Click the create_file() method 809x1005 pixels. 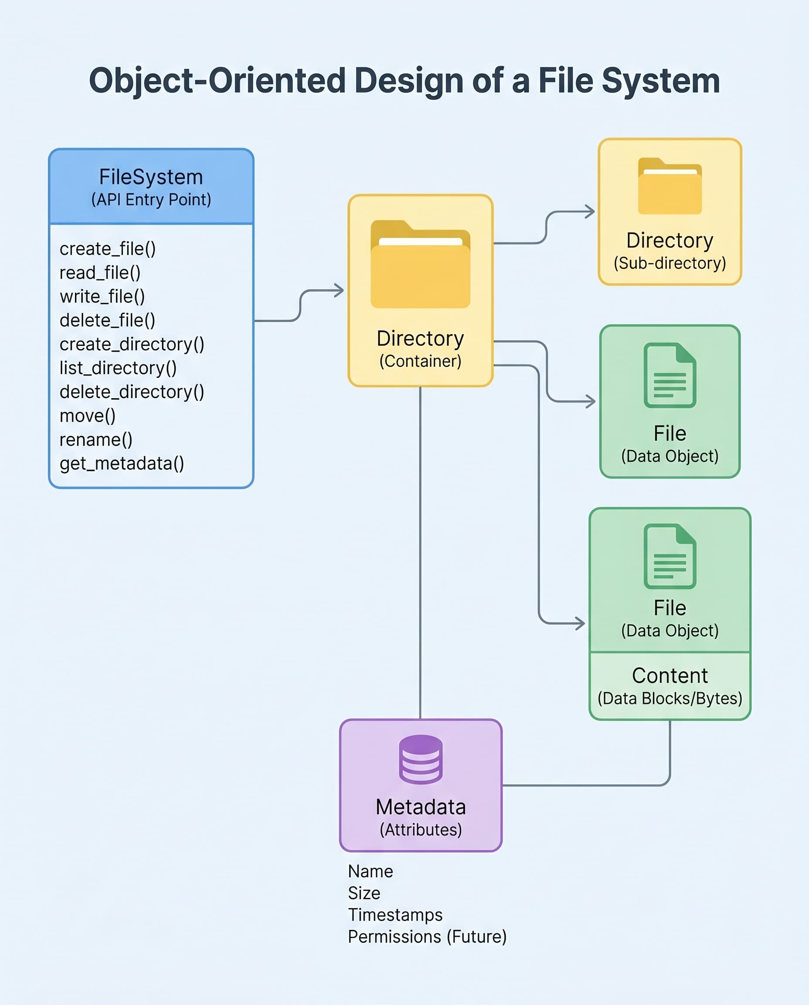(108, 249)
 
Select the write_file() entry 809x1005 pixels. (102, 297)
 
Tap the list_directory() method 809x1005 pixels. (118, 368)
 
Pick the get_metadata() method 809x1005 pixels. (122, 464)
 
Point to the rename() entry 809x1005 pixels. (96, 440)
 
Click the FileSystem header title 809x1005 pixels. (151, 177)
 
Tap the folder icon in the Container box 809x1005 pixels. (420, 265)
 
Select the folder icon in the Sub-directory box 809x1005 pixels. (670, 187)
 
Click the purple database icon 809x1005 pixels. (420, 759)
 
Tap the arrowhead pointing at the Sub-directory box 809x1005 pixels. (591, 212)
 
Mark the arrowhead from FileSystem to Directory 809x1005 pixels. (339, 291)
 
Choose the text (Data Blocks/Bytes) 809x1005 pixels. (670, 699)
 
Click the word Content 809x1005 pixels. (670, 676)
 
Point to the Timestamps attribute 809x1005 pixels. (395, 915)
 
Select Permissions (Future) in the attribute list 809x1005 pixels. (427, 937)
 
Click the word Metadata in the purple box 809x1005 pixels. (420, 807)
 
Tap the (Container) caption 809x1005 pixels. (420, 362)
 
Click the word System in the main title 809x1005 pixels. (661, 81)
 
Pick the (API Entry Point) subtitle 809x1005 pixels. (151, 200)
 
